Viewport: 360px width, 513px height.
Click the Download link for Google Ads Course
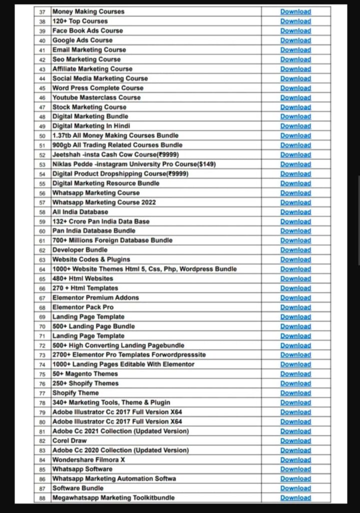295,40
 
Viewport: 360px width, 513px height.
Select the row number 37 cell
42,12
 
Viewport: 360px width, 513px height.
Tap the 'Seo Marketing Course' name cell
86,59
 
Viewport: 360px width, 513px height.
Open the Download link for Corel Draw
295,440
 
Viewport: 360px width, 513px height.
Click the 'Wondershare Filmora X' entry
89,459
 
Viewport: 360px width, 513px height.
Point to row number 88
42,498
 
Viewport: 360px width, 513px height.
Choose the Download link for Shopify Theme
295,393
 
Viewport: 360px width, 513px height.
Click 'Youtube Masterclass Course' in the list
96,97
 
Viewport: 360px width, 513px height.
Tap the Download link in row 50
295,135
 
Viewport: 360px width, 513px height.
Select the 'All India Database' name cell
80,212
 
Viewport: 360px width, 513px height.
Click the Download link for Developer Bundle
295,250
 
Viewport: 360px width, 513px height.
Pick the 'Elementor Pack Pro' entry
83,307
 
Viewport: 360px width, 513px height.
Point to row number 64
42,269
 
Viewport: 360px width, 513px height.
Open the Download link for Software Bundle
295,488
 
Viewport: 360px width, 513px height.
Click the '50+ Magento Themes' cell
85,374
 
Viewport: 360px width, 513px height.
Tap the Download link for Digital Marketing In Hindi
295,126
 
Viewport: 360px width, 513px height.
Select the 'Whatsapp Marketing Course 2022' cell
104,202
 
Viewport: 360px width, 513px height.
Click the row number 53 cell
42,164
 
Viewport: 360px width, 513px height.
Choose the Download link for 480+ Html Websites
295,279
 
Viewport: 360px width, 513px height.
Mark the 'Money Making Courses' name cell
88,12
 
